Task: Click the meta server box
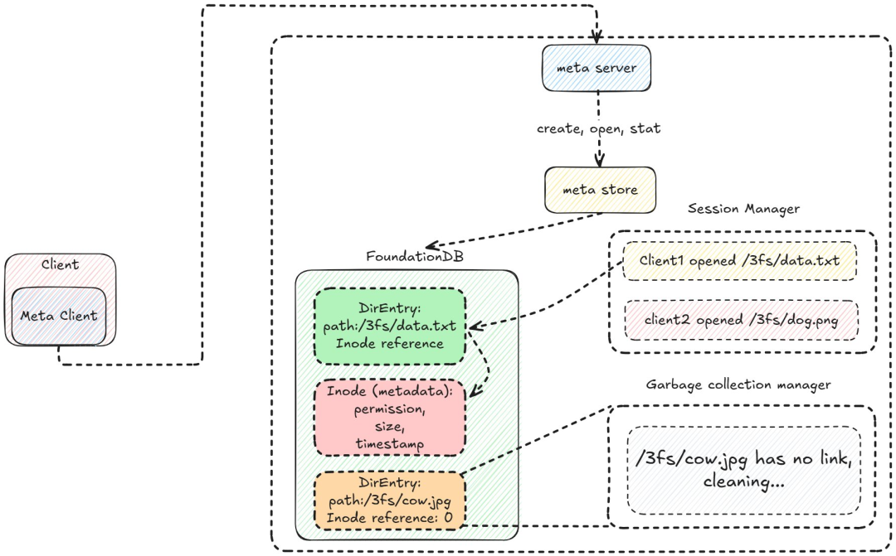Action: point(597,68)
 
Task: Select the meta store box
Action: point(600,190)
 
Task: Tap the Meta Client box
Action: point(59,316)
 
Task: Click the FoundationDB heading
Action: point(415,256)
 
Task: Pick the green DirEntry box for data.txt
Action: point(389,326)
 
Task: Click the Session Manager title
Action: point(743,209)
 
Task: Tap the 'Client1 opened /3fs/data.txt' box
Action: point(739,261)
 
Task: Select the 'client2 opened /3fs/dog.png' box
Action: point(739,320)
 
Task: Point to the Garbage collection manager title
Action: point(738,384)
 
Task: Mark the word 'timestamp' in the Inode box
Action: point(388,444)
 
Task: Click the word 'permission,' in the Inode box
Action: point(388,409)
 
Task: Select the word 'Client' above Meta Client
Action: point(60,265)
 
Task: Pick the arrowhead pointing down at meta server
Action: point(596,37)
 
